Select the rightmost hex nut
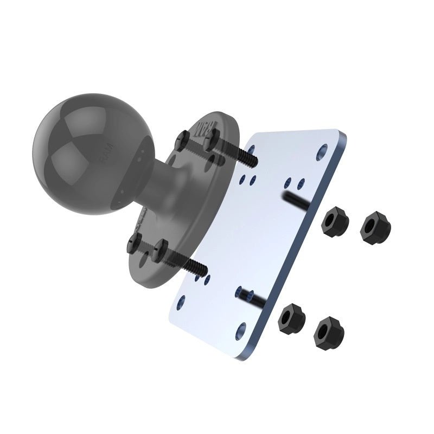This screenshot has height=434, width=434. [375, 228]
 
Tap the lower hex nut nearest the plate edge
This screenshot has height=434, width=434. [291, 318]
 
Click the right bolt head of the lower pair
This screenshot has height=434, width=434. [161, 251]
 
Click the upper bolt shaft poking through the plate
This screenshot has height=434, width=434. [297, 199]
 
